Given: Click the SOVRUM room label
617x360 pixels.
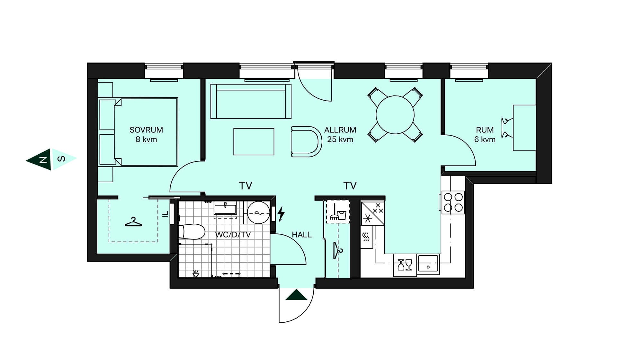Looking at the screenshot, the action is coord(146,130).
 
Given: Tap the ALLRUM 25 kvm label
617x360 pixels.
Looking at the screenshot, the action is coord(340,135).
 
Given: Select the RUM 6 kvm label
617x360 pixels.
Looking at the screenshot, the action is coord(485,135).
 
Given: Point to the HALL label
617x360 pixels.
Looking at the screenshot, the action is coord(301,235).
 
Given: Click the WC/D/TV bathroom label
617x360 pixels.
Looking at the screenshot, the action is coord(233,235).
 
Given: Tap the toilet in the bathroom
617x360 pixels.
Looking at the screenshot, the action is coord(192,232).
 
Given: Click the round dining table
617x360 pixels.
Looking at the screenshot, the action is coord(395,115).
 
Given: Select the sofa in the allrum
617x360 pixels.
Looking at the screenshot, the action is coord(251,101).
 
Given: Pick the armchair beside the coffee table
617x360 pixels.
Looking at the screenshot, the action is coord(306,141).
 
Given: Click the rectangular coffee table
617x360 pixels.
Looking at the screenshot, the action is coord(254,142).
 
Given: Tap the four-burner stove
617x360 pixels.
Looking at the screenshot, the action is coord(453,203).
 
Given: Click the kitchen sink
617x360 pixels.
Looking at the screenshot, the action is coord(428,264).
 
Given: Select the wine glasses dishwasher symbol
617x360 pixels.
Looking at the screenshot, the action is coord(405,265).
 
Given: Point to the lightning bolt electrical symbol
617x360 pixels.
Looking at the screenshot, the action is coord(281,214).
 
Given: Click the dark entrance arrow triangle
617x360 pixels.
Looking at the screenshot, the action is coord(296,295).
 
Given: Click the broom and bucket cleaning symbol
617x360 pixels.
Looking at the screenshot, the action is coord(338,212).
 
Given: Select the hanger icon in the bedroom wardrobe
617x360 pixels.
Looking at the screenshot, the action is coord(133,222).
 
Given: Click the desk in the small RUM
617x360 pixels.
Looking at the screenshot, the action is coord(524,128).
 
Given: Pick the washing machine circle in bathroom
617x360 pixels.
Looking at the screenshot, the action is coord(259,212).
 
